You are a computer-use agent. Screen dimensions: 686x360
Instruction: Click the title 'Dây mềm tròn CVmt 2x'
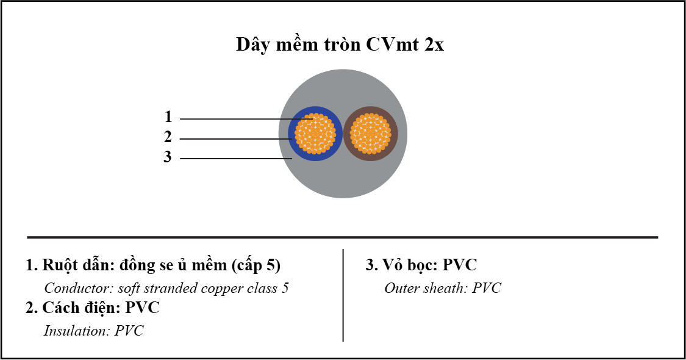coord(340,44)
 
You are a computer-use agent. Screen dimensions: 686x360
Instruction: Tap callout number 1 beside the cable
coord(168,117)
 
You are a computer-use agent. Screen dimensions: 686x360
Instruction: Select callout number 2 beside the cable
coord(168,137)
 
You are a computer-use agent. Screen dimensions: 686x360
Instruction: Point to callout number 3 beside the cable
coord(168,157)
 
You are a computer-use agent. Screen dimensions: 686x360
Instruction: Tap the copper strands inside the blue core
coord(315,134)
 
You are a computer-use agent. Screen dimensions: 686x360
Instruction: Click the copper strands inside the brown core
coord(371,134)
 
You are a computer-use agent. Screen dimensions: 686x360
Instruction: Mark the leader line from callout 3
coord(236,159)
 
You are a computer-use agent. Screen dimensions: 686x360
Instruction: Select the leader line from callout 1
coord(246,119)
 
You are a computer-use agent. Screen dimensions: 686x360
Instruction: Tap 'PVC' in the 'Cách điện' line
coord(142,308)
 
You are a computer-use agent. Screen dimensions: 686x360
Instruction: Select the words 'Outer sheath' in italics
coord(426,288)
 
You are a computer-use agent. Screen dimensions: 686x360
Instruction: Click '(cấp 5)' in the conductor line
coord(256,265)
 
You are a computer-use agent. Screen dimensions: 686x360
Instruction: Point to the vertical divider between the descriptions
coord(343,295)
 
